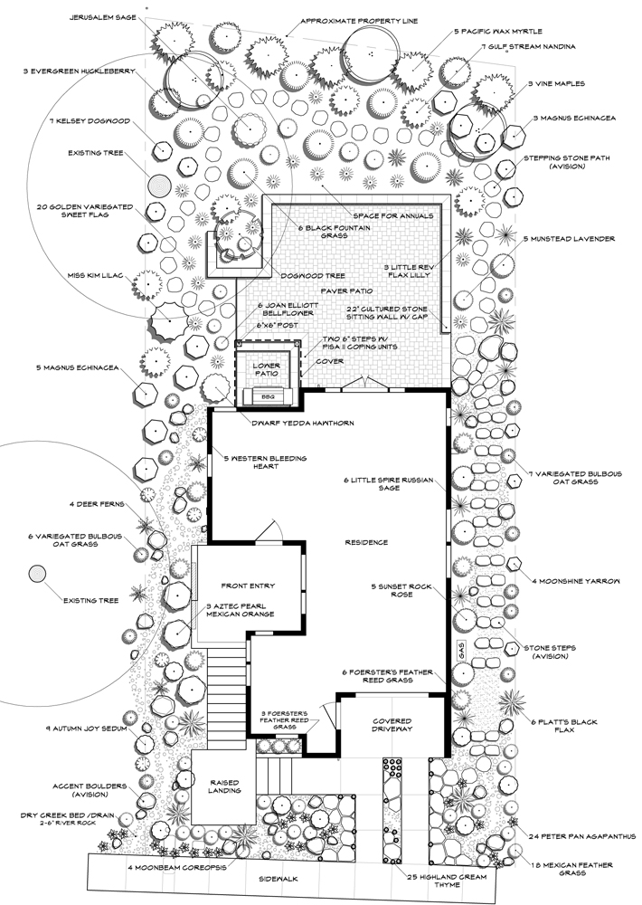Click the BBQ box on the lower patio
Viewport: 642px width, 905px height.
pyautogui.click(x=267, y=395)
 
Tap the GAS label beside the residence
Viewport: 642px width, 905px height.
pyautogui.click(x=459, y=648)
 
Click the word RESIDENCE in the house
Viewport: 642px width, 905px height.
pyautogui.click(x=366, y=542)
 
